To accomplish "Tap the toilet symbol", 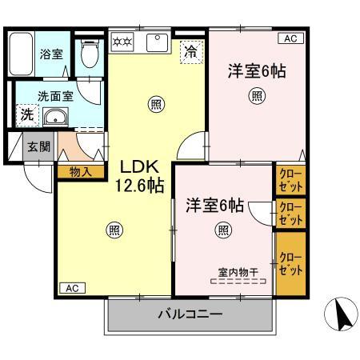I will pos(89,55).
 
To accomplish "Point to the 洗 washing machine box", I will pos(26,114).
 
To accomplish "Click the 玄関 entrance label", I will pos(37,146).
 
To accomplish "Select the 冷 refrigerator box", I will pos(191,51).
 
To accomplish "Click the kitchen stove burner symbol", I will pos(122,41).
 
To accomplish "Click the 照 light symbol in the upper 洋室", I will pos(256,97).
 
